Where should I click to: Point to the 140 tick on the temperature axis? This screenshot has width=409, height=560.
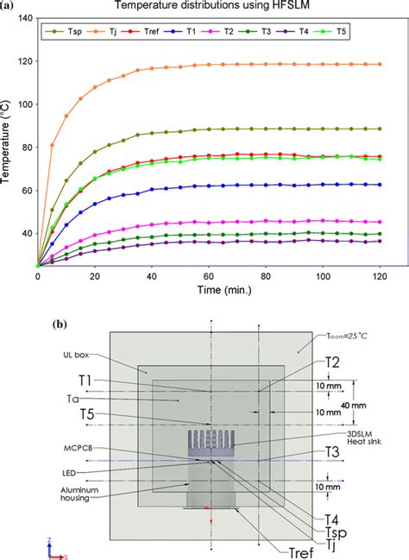pyautogui.click(x=23, y=18)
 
